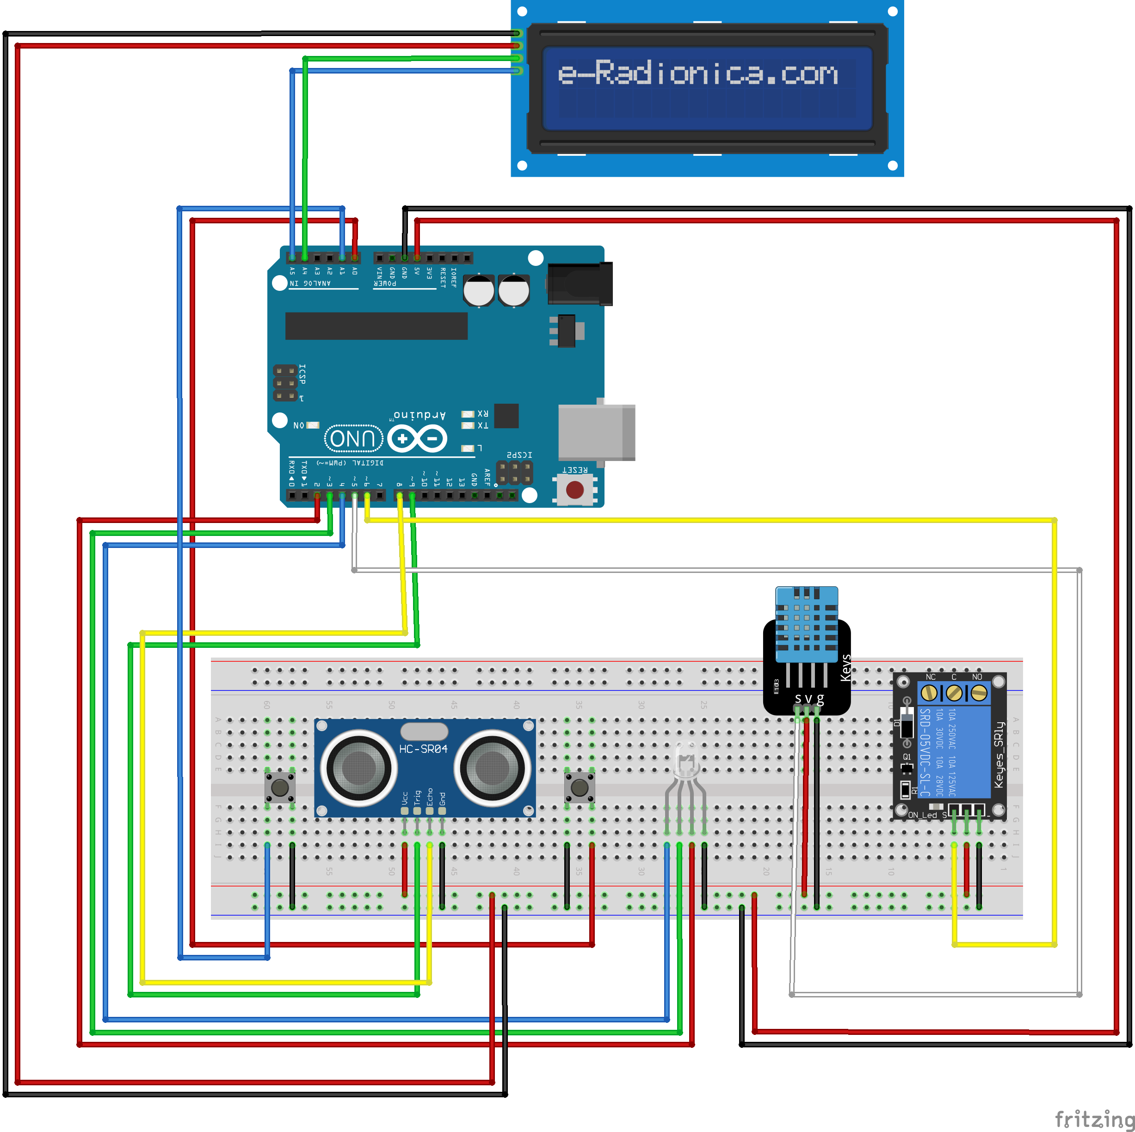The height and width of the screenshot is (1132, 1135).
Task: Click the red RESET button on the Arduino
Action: pyautogui.click(x=574, y=489)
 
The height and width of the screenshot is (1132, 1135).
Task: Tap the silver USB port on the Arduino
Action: pyautogui.click(x=596, y=432)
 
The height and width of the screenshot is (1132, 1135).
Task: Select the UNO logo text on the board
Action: pyautogui.click(x=353, y=438)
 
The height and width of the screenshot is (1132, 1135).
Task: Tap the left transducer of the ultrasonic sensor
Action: pyautogui.click(x=358, y=767)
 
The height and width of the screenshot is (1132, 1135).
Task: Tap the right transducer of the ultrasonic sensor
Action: pyautogui.click(x=492, y=767)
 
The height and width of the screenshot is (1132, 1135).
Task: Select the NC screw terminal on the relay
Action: pyautogui.click(x=929, y=693)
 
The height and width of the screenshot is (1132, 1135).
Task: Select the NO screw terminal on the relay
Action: pyautogui.click(x=979, y=693)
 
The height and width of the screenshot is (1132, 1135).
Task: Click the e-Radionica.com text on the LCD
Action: pyautogui.click(x=697, y=74)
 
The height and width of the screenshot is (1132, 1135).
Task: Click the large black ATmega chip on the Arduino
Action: pyautogui.click(x=376, y=326)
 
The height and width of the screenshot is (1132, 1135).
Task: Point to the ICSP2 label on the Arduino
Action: pyautogui.click(x=519, y=455)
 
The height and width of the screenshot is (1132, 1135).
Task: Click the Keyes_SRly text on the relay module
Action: pyautogui.click(x=998, y=755)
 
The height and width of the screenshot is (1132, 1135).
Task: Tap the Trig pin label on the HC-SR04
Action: pyautogui.click(x=417, y=798)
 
